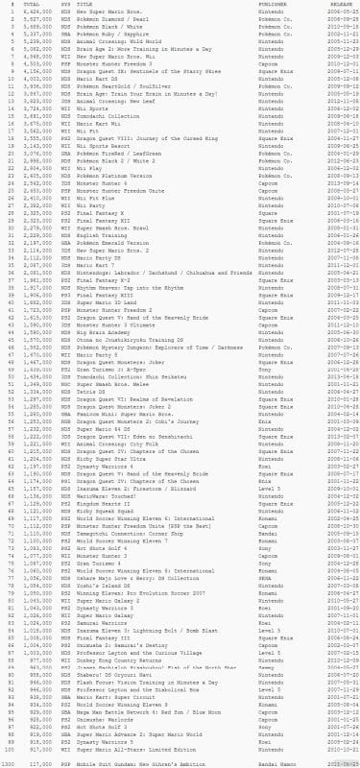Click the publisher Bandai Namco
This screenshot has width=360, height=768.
pyautogui.click(x=251, y=762)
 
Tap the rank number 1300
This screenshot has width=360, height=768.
pyautogui.click(x=9, y=762)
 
